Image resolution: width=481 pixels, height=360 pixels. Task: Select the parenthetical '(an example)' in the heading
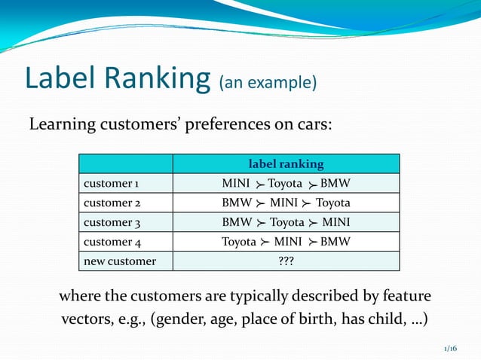click(x=267, y=82)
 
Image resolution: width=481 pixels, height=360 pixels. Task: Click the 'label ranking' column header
click(x=286, y=163)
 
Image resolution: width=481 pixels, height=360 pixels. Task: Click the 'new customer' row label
click(x=120, y=261)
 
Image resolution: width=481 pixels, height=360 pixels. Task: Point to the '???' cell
click(x=286, y=261)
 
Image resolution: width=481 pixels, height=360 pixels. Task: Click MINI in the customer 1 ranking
click(x=237, y=183)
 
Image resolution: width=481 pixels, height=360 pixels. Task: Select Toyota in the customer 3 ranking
click(x=286, y=222)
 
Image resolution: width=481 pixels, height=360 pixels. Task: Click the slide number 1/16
click(x=450, y=349)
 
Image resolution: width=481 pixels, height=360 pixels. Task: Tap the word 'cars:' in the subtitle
click(x=309, y=124)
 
